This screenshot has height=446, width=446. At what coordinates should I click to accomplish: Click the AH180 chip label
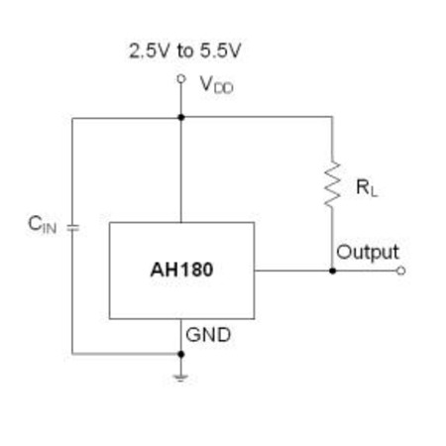coord(181,270)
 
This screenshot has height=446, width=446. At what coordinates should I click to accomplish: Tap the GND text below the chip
coord(208,335)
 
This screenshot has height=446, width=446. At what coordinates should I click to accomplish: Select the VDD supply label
coord(217,85)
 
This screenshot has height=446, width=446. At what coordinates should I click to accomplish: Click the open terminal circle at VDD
coord(181,79)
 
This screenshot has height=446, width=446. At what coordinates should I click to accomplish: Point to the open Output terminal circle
coord(400,271)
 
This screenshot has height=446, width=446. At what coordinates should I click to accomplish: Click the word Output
coord(368,253)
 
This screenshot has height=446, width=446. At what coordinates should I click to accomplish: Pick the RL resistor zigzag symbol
coord(332,184)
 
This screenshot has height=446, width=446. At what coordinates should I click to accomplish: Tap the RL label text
coord(367,187)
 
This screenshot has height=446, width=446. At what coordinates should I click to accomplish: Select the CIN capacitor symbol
coord(72,228)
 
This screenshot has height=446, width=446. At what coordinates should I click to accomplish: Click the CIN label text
coord(43,224)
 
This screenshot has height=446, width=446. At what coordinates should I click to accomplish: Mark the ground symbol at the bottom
coord(180,378)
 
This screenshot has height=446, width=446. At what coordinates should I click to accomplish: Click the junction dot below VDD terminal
coord(181,117)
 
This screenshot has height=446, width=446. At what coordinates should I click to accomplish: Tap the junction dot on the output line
coord(333,271)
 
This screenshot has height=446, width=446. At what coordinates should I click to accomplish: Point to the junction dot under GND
coord(181,354)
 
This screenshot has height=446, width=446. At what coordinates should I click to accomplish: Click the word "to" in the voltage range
coord(184,52)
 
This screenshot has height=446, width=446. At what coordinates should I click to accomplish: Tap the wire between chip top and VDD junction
coord(181,169)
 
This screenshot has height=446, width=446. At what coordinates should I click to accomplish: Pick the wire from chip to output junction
coord(293,271)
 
